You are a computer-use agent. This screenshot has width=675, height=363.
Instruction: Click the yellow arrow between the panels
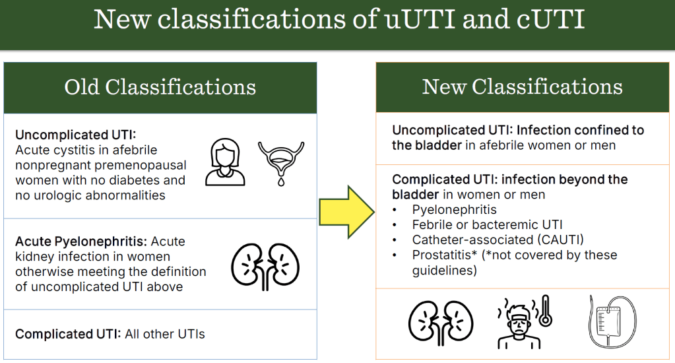click(346, 211)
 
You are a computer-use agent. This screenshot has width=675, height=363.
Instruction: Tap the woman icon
click(225, 162)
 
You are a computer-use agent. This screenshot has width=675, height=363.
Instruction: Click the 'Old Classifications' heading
click(160, 87)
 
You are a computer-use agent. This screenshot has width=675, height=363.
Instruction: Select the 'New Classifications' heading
click(523, 87)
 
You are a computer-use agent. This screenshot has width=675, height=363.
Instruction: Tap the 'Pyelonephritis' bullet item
click(455, 210)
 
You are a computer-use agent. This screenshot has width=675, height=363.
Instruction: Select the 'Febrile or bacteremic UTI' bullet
click(487, 225)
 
